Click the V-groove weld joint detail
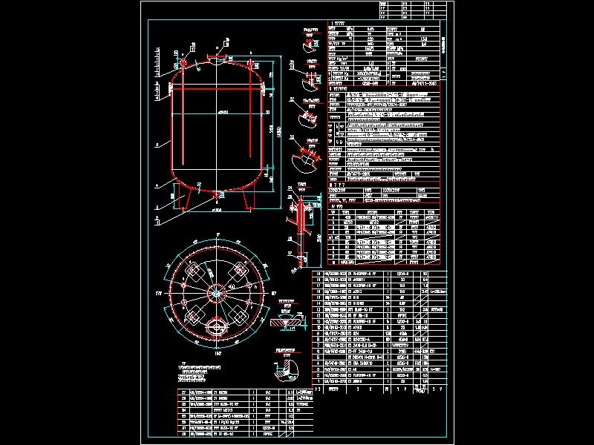pos(285,323)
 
